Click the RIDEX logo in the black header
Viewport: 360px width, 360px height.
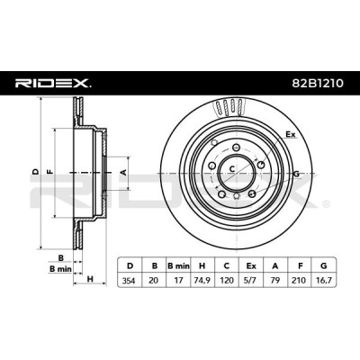[x=53, y=84]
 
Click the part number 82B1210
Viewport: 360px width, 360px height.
[x=318, y=84]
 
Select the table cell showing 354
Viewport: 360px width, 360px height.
[x=130, y=281]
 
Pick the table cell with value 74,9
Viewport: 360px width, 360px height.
[x=202, y=281]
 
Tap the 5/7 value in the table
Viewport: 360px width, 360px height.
[x=251, y=281]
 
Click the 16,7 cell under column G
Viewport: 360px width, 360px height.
[x=323, y=281]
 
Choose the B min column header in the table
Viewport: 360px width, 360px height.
[x=178, y=265]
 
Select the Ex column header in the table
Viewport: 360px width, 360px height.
[x=251, y=265]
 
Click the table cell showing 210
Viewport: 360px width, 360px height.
[x=300, y=281]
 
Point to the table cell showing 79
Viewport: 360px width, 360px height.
[x=275, y=281]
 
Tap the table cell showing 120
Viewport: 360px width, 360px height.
[x=227, y=281]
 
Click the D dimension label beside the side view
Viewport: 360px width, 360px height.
[x=36, y=172]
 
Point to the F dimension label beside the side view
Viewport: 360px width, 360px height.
[x=50, y=172]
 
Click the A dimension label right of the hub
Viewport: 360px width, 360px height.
[x=122, y=172]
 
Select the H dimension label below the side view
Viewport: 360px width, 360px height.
[x=90, y=279]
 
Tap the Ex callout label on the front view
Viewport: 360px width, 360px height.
[x=290, y=134]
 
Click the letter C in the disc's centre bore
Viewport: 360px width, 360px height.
[x=231, y=169]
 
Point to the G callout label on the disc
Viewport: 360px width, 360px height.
[x=296, y=174]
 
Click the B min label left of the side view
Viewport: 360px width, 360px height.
[x=60, y=269]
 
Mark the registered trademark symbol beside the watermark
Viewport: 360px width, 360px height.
[x=326, y=205]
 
